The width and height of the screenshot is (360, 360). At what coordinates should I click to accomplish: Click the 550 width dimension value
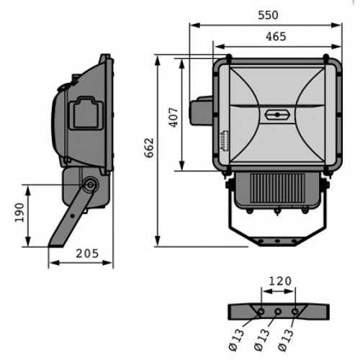tap(268, 15)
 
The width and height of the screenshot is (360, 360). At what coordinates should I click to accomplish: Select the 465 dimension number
tap(276, 37)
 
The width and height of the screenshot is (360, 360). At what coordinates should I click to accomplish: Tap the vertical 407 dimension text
tap(174, 117)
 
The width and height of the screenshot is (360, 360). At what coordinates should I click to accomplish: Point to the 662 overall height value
tap(149, 148)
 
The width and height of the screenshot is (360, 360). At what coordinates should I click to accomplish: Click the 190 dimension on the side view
tap(19, 212)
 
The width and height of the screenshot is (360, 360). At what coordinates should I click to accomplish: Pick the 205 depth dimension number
tap(87, 253)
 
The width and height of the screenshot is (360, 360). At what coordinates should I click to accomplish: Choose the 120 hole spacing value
tap(280, 281)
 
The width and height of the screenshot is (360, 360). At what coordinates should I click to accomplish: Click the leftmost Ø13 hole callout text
tap(236, 341)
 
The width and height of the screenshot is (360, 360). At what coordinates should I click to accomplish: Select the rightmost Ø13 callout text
tap(286, 341)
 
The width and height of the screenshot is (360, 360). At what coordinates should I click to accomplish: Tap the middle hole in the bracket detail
tap(278, 312)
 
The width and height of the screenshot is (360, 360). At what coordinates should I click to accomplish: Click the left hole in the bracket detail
tap(261, 312)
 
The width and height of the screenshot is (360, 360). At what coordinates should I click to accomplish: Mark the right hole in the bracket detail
tap(294, 312)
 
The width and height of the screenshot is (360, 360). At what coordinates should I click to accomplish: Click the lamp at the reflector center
tap(277, 114)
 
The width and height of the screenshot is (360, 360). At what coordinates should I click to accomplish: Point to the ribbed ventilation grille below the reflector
tap(278, 188)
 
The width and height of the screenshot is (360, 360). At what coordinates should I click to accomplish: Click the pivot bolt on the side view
tap(90, 185)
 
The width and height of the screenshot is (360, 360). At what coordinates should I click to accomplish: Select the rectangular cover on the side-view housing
tap(87, 113)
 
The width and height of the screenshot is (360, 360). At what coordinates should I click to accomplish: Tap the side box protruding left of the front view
tap(202, 110)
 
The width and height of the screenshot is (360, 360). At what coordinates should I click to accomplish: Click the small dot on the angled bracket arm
tap(72, 216)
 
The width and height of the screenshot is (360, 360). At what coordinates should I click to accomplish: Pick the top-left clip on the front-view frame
tap(228, 58)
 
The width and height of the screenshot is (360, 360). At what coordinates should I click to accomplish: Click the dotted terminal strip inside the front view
tap(225, 140)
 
